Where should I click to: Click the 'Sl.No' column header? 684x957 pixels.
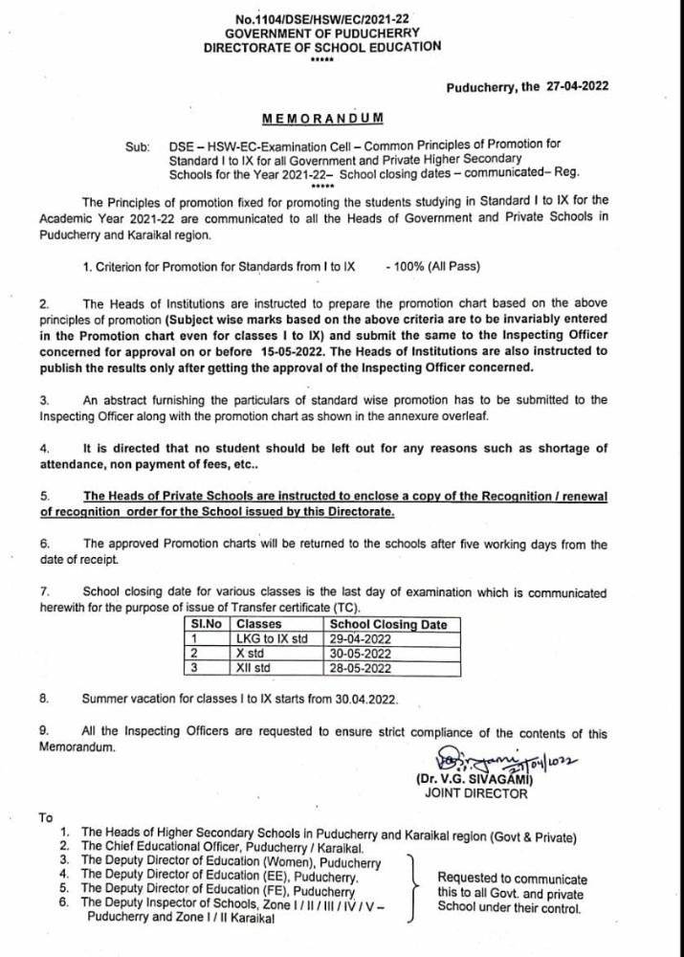[203, 624]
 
